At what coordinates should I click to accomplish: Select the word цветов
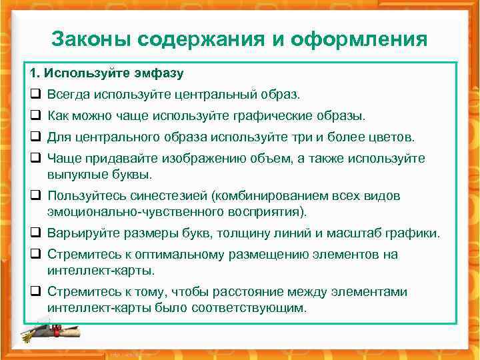click(393, 137)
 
